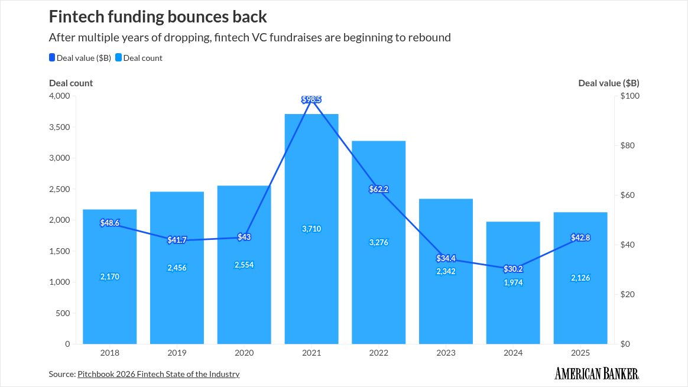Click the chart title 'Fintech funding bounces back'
pos(158,16)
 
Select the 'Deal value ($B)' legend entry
pos(81,58)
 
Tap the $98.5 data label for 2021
pos(311,99)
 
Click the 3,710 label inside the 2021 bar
pos(311,229)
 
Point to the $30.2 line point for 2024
pos(513,269)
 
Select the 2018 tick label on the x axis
pos(110,353)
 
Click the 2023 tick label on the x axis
pos(446,353)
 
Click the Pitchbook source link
pos(158,374)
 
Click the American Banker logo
pos(597,373)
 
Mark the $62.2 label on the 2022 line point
pos(379,189)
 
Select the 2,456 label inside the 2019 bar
pos(177,268)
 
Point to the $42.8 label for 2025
pos(580,238)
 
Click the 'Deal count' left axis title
pos(71,83)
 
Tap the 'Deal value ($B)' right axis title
pos(608,83)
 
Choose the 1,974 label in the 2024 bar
pos(513,282)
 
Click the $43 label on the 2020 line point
pos(244,237)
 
